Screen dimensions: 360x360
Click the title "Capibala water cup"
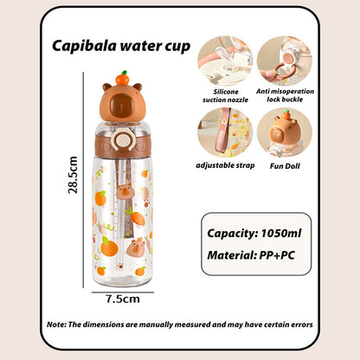point(121,46)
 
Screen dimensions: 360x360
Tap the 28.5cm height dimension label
point(73,175)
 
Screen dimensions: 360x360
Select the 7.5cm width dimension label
point(123,299)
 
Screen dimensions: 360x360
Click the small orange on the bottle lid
point(122,78)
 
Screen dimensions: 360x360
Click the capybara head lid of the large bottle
point(122,101)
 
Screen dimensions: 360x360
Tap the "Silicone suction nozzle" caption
point(225,96)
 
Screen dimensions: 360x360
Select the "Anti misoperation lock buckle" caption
point(285,95)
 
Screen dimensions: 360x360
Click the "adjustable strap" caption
point(225,165)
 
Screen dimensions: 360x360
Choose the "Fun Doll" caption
point(285,166)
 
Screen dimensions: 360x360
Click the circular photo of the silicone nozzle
point(225,61)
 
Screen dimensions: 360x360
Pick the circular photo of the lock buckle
point(285,61)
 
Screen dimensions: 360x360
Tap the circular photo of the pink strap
point(225,132)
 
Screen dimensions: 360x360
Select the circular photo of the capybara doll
point(285,132)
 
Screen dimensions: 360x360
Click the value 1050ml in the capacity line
point(281,233)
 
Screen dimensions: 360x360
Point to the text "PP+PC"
point(277,255)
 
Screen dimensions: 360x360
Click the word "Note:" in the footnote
point(56,325)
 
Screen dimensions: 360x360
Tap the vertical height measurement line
point(84,180)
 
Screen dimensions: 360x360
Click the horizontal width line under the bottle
point(123,292)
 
